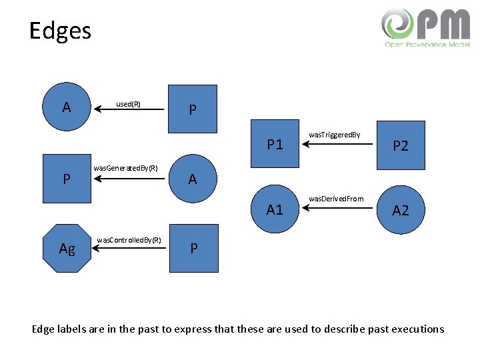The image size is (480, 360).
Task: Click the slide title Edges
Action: coord(60,31)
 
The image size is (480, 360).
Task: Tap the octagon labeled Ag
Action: coord(67,248)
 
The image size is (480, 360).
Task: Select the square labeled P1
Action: coord(274,143)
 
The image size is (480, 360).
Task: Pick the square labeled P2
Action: coord(401,145)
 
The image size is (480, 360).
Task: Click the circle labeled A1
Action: coord(274,209)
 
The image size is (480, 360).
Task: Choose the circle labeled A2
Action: coord(401,210)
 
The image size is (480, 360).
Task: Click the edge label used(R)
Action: coord(128,104)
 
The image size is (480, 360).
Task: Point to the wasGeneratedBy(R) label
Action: coord(125,168)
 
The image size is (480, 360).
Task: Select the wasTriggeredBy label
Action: coord(334,135)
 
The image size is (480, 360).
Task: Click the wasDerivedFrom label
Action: coord(336,199)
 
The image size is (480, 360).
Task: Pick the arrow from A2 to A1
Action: coord(333,208)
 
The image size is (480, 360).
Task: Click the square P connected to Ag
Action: coord(193,248)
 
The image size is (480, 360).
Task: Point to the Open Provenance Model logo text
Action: coord(427,45)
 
